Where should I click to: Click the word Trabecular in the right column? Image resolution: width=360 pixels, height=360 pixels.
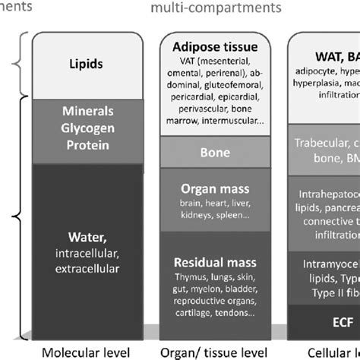tap(319, 162)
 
